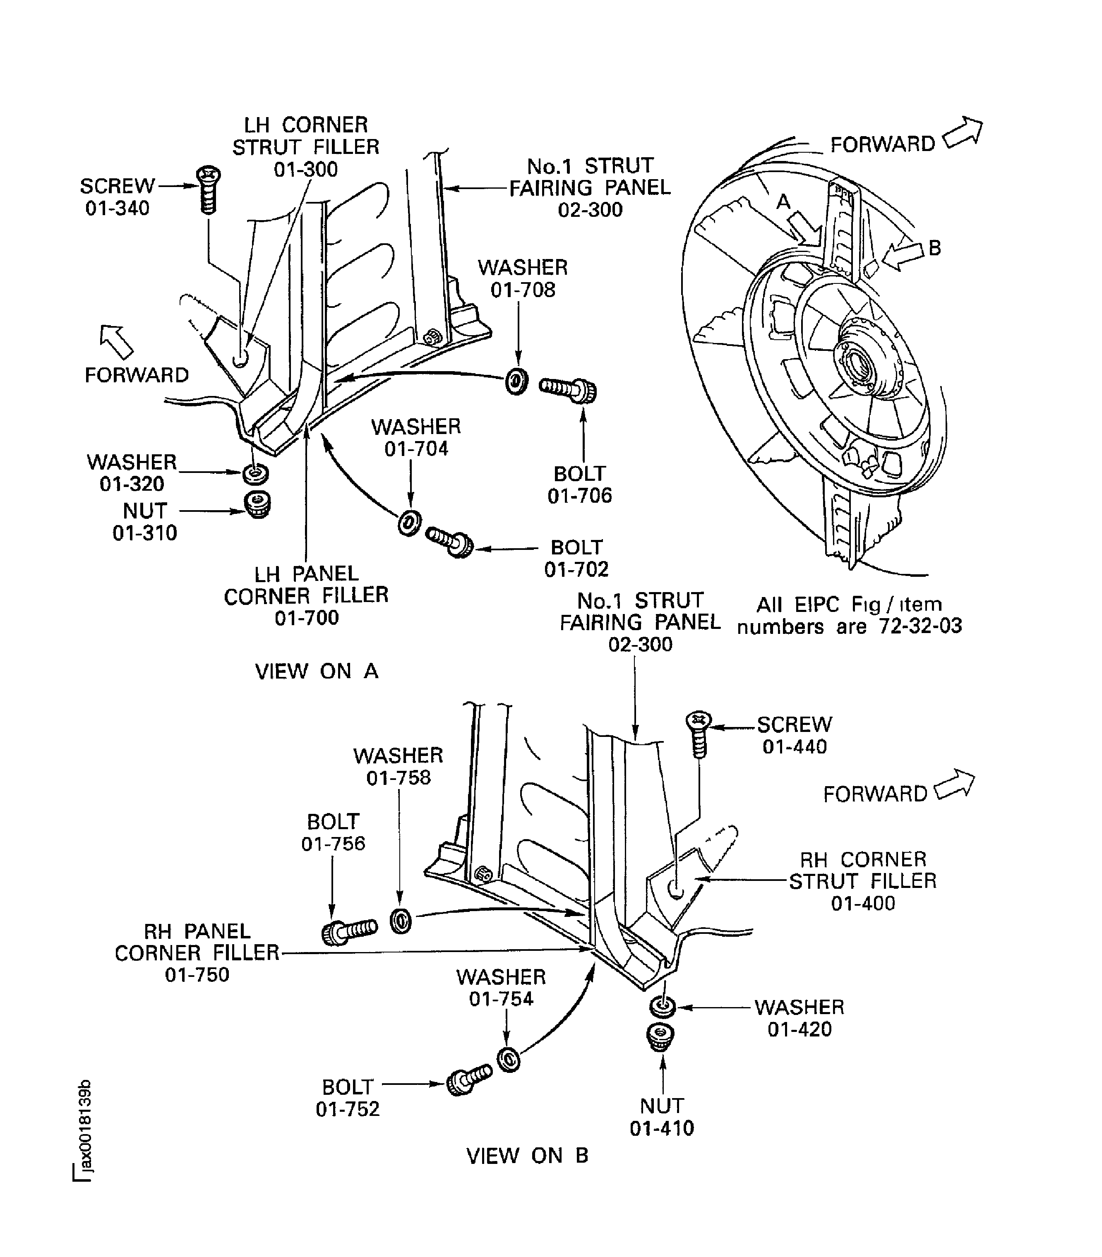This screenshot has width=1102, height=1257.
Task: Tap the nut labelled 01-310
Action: point(258,504)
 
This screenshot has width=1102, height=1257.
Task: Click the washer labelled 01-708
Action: point(516,381)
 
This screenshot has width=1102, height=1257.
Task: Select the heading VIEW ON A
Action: point(317,671)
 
